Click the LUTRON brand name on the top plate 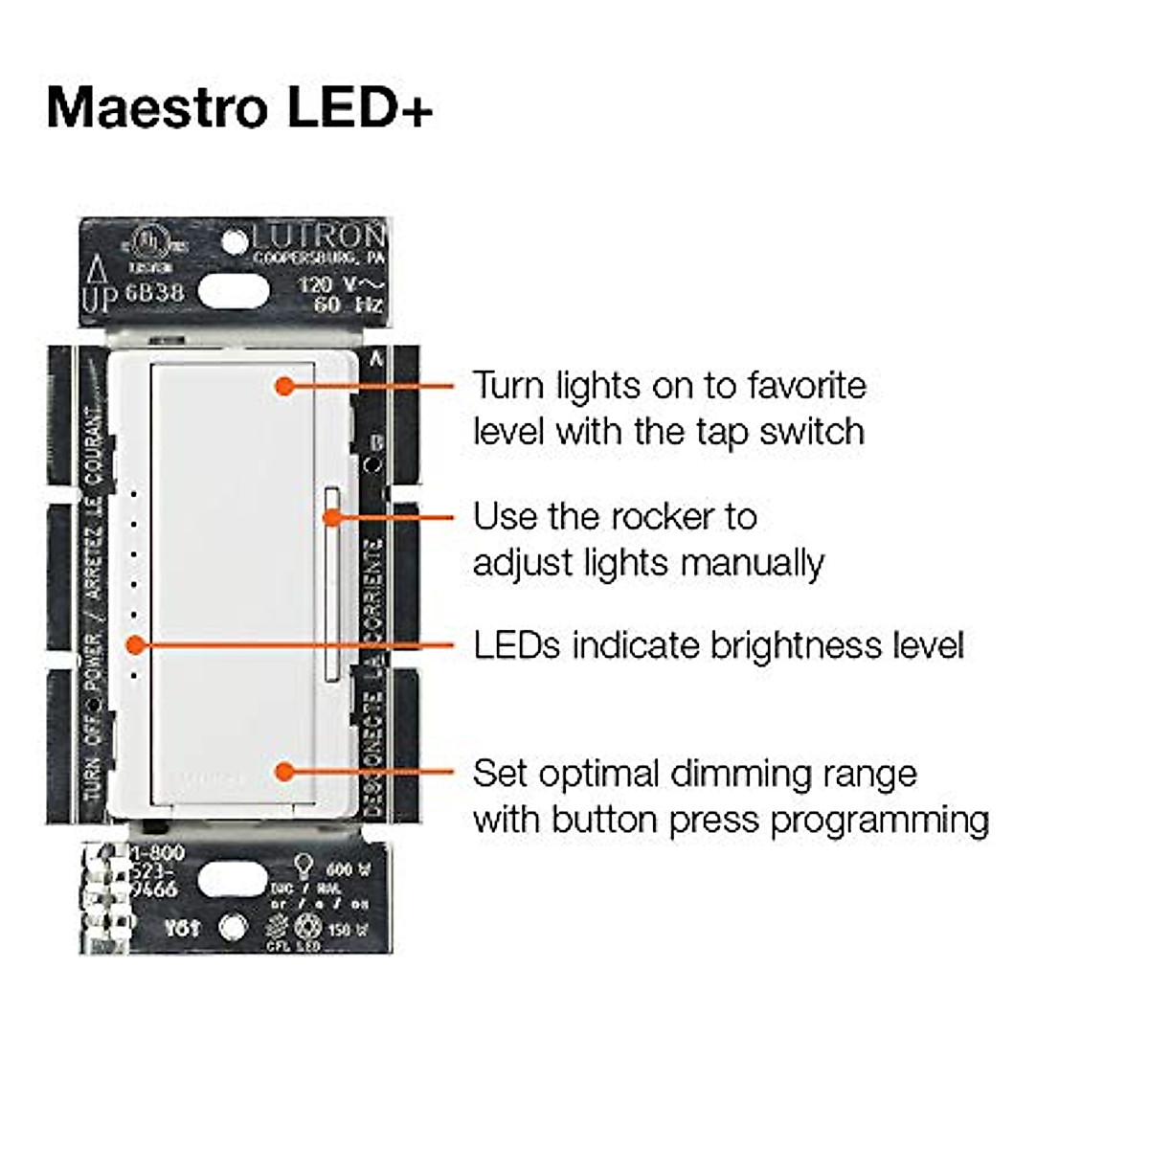click(320, 235)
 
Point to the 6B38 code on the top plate click(154, 292)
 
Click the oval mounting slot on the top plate click(233, 291)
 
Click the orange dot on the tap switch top click(283, 386)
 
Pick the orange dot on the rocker click(332, 517)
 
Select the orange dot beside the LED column click(136, 645)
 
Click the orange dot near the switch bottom click(283, 771)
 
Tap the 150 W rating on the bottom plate click(347, 929)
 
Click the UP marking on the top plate click(99, 299)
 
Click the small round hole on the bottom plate click(233, 927)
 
